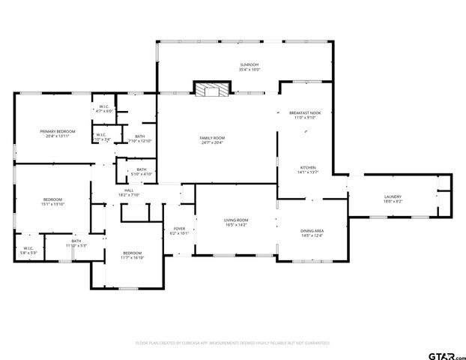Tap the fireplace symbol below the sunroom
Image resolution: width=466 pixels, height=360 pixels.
tap(212, 90)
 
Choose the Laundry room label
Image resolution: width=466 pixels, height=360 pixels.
tap(393, 199)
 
